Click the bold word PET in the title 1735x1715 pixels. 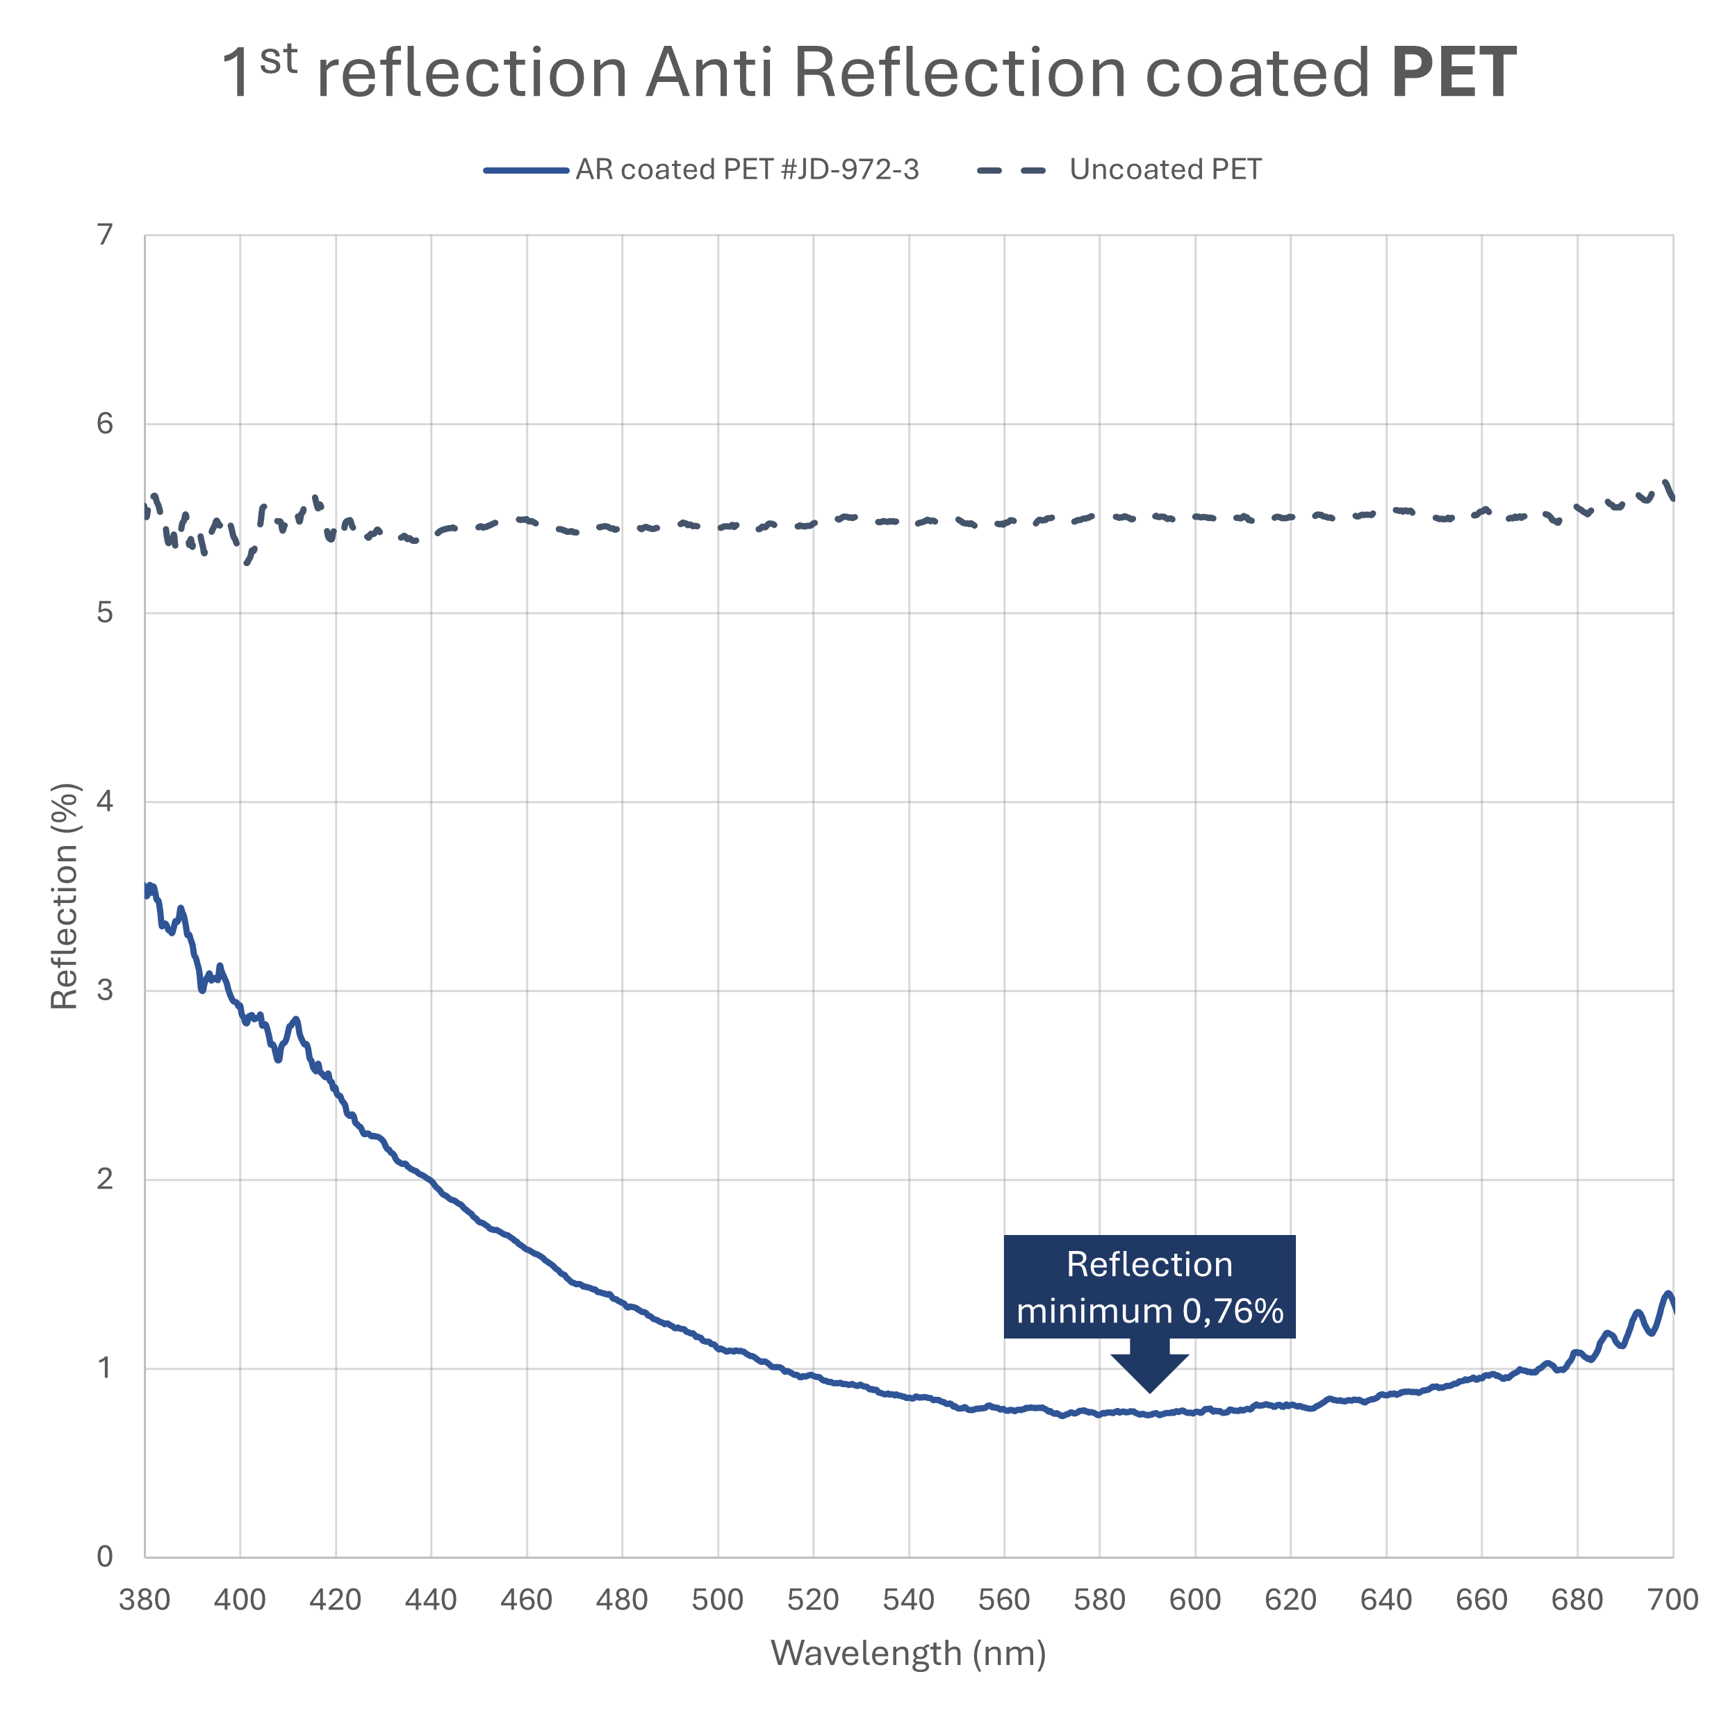[1453, 74]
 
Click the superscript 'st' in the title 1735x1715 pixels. [279, 59]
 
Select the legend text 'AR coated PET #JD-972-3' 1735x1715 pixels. [747, 169]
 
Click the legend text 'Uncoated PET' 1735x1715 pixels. [1165, 169]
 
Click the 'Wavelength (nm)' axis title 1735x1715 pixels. [909, 1652]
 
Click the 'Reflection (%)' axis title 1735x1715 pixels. [65, 896]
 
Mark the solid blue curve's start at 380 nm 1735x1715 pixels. [147, 890]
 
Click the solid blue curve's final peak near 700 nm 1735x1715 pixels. [1668, 1294]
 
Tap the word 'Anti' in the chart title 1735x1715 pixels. [709, 74]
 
